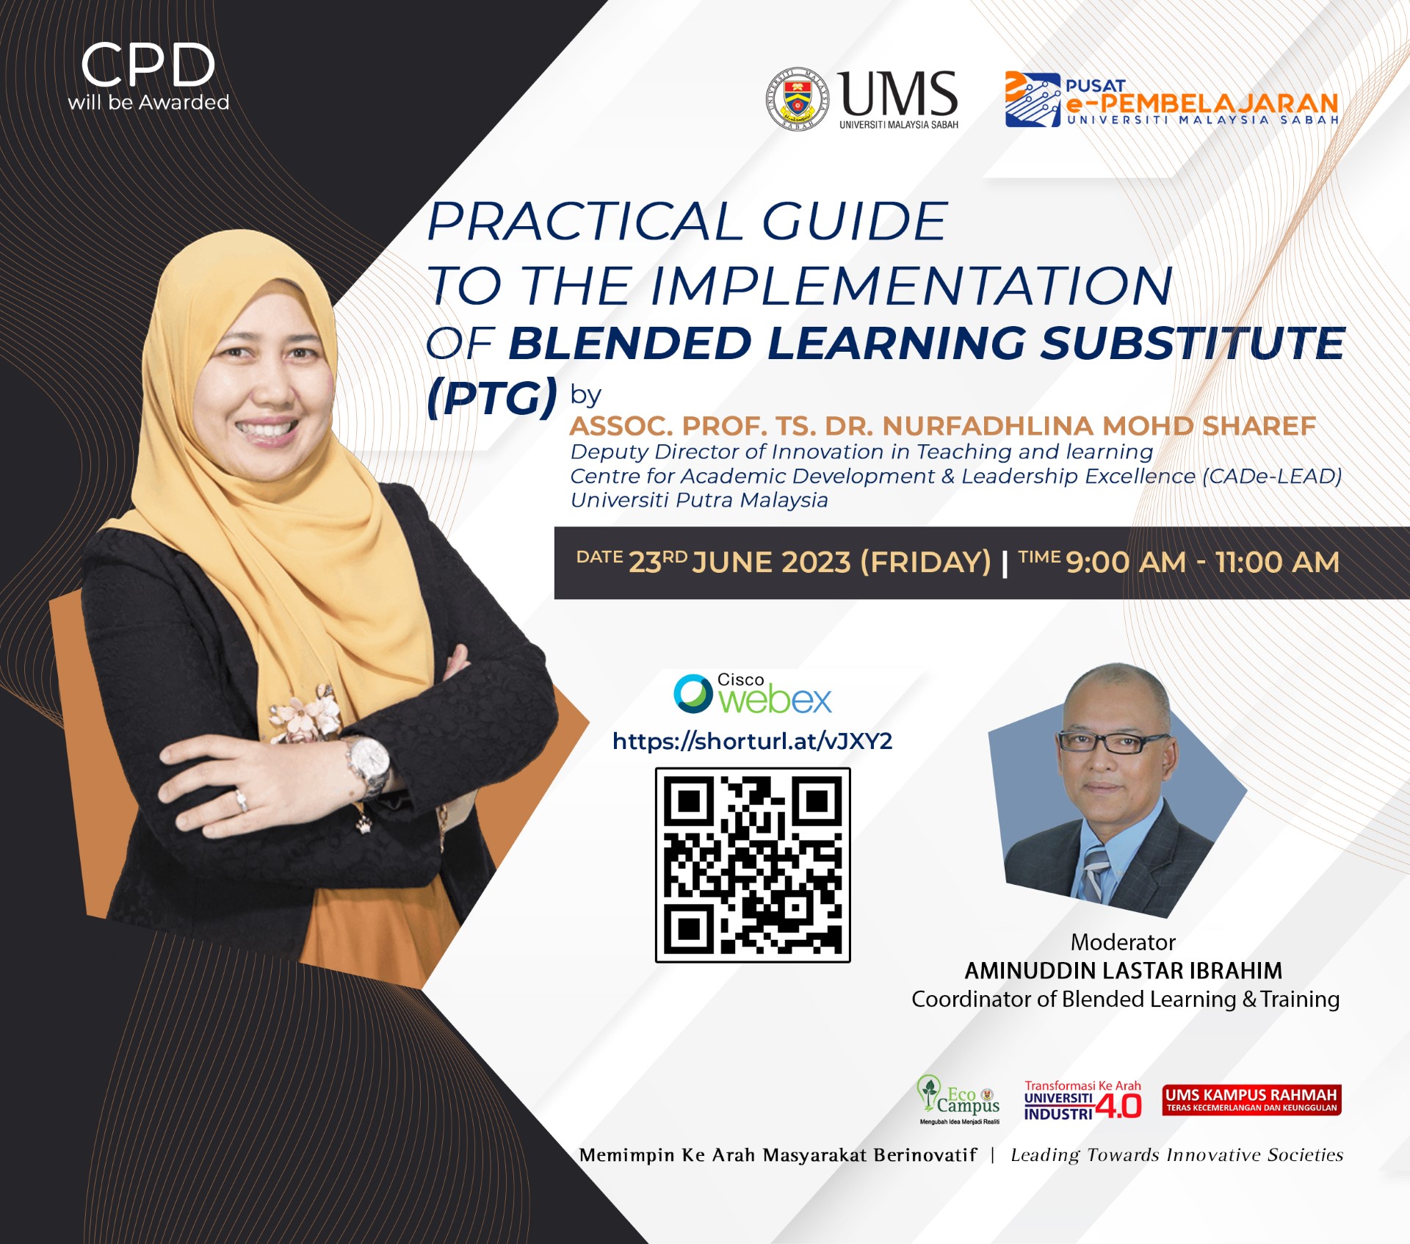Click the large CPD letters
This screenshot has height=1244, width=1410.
point(148,65)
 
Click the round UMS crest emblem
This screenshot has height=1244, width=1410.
point(798,100)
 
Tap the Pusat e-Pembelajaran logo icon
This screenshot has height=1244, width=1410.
point(1033,100)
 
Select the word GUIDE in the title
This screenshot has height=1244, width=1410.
point(854,221)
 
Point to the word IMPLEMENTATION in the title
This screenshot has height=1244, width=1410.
point(911,285)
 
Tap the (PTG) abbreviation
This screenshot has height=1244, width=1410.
point(492,397)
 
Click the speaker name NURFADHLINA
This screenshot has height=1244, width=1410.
point(988,426)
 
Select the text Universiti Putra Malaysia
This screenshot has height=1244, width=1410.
point(699,500)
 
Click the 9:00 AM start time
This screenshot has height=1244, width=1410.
point(1126,563)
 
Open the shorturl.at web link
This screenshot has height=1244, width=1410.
point(753,742)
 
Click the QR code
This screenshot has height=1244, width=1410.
point(753,865)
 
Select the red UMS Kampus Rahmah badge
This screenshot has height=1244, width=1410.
point(1251,1100)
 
